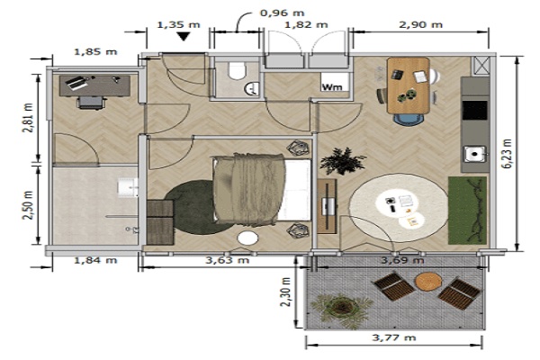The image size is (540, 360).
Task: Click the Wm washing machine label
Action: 331,87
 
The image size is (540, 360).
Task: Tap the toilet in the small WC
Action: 237,70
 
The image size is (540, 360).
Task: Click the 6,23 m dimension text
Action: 508,154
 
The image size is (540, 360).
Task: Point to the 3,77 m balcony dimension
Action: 394,337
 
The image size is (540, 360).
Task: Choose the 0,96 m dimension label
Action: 282,13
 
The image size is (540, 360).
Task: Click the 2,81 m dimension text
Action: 28,118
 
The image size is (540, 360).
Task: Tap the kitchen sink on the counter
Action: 475,154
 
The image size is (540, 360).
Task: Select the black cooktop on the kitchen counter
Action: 475,110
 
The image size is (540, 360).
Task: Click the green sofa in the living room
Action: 468,210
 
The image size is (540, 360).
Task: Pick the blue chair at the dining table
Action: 409,119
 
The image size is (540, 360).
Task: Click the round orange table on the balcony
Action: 428,281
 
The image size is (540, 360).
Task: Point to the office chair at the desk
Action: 91,103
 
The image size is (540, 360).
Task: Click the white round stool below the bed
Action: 247,238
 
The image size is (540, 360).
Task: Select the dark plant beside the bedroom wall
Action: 342,161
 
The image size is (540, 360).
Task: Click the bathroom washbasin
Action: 128,188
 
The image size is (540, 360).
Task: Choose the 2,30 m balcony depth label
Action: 286,291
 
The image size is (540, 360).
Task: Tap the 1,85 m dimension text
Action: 95,52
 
